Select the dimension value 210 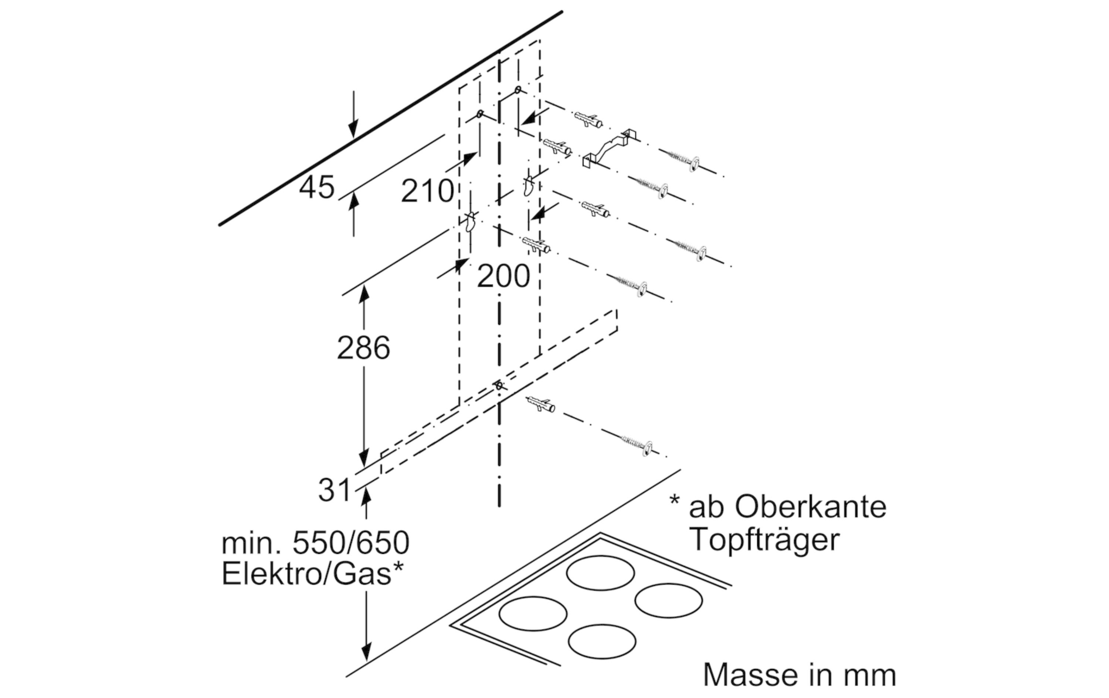coord(427,191)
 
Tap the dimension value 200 coord(503,277)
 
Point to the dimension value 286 coord(363,348)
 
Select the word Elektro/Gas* coord(313,574)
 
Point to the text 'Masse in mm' coord(800,675)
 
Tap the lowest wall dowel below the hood coord(541,404)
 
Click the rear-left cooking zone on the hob coord(600,573)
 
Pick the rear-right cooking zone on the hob coord(668,601)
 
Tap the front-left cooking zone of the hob coord(533,614)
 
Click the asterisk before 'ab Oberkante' coord(674,501)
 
